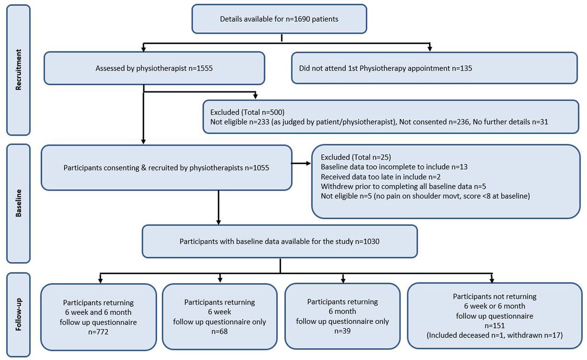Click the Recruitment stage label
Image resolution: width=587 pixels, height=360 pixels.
point(18,70)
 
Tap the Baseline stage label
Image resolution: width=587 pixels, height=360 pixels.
point(18,203)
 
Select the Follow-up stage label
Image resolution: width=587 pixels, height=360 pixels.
point(18,315)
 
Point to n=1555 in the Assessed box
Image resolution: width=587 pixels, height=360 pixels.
point(200,68)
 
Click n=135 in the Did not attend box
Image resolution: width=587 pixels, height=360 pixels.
point(462,68)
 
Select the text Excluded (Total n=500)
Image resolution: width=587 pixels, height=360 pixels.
point(247,112)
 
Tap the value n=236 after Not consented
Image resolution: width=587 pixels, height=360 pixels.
point(459,122)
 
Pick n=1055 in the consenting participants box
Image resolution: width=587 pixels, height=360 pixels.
point(257,168)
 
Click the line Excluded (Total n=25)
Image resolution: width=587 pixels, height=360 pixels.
point(356,157)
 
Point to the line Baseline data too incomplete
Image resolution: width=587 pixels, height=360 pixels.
point(394,167)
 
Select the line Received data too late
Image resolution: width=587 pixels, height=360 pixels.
point(381,177)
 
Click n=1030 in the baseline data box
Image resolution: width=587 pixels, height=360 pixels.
point(367,241)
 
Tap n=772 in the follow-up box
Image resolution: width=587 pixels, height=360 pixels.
point(98,332)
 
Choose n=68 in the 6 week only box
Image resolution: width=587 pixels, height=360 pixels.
point(220,332)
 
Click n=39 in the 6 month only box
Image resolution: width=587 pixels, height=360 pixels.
point(343,331)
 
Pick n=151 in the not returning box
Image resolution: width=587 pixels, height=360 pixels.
point(494,326)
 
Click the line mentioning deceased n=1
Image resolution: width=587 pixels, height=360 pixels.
point(494,335)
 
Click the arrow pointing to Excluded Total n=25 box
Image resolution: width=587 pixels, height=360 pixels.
point(301,164)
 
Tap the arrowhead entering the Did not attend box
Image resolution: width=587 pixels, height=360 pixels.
point(430,49)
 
